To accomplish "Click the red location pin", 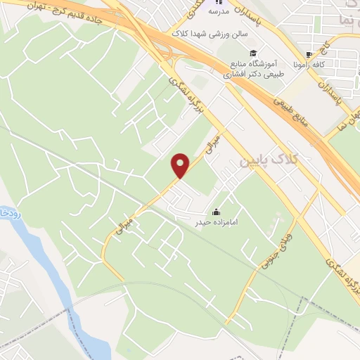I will click(x=181, y=165).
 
